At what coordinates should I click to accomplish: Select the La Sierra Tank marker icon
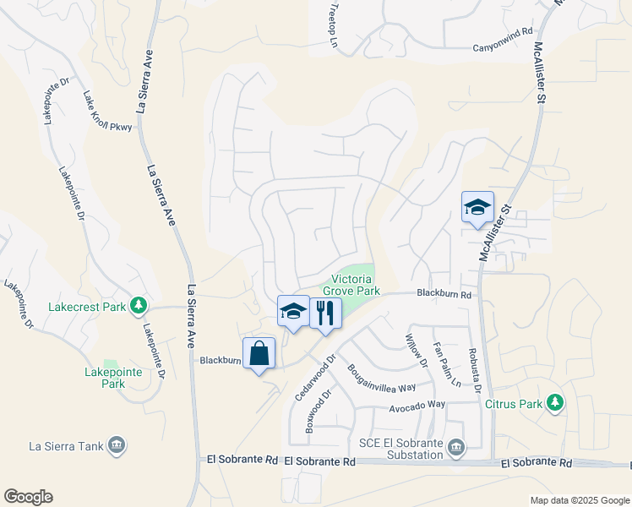tap(117, 444)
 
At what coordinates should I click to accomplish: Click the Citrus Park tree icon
tap(555, 402)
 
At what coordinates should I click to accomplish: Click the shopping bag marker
tap(259, 353)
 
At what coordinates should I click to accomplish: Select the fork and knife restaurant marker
tap(324, 313)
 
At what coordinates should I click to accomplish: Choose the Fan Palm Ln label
tap(446, 363)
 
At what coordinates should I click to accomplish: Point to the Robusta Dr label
tap(476, 371)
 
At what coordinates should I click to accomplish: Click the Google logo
tap(28, 497)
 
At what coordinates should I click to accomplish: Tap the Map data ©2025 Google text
tap(579, 500)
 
